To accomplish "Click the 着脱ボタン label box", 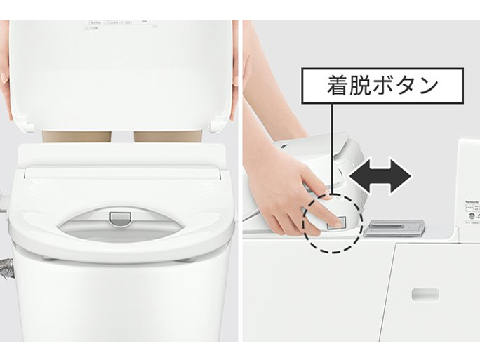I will click(x=383, y=86).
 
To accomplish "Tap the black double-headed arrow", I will click(x=380, y=175).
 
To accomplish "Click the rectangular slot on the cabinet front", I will click(x=425, y=293).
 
